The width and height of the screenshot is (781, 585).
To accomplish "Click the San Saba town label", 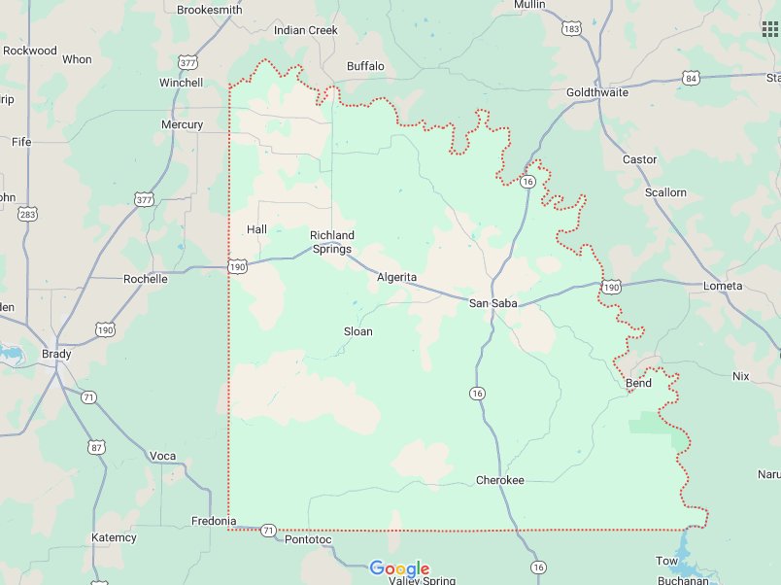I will pos(492,304).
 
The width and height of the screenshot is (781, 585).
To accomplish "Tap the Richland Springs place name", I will pos(332,242).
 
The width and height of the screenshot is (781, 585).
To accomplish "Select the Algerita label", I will pos(396,278).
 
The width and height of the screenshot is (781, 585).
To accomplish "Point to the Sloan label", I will pos(357,331).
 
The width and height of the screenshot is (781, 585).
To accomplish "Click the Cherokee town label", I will pos(499,481).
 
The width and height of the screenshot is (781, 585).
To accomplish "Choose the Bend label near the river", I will pos(638,384).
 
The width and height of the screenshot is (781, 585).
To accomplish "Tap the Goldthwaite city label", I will pos(597,92).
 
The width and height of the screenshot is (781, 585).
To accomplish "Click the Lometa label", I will pos(722,286).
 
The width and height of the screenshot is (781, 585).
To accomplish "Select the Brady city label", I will pos(56,354).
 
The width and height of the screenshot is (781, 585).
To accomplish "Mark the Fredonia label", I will pos(214,521).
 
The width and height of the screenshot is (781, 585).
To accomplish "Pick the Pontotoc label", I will pos(308,539).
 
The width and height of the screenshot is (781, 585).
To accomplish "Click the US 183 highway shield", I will pos(571,30).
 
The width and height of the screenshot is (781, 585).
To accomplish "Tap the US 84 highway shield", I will pos(691,77).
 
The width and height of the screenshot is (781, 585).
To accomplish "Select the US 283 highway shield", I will pos(28,214).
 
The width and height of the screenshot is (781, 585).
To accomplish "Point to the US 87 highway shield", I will pos(96,447).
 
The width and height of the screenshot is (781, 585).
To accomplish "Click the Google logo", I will pos(399,568).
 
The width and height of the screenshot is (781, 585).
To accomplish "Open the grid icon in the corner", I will pos(770,28).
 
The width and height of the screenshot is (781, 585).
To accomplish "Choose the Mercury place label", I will pos(182,124).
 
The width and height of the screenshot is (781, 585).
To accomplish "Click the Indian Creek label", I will pos(305,30).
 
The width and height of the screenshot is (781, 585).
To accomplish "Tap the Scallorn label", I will pos(665,192).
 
